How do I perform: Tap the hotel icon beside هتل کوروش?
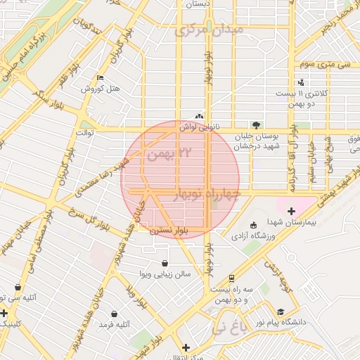pos(100,77)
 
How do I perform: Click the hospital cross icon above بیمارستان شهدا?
pos(291,210)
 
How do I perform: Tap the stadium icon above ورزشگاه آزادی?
pos(254,225)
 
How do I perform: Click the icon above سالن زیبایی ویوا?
pos(165,263)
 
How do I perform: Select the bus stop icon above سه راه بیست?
pos(232,278)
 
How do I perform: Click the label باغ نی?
pos(231,328)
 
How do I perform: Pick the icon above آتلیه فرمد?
pos(114,314)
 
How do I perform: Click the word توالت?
pos(84,133)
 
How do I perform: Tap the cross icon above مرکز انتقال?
pos(186,347)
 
